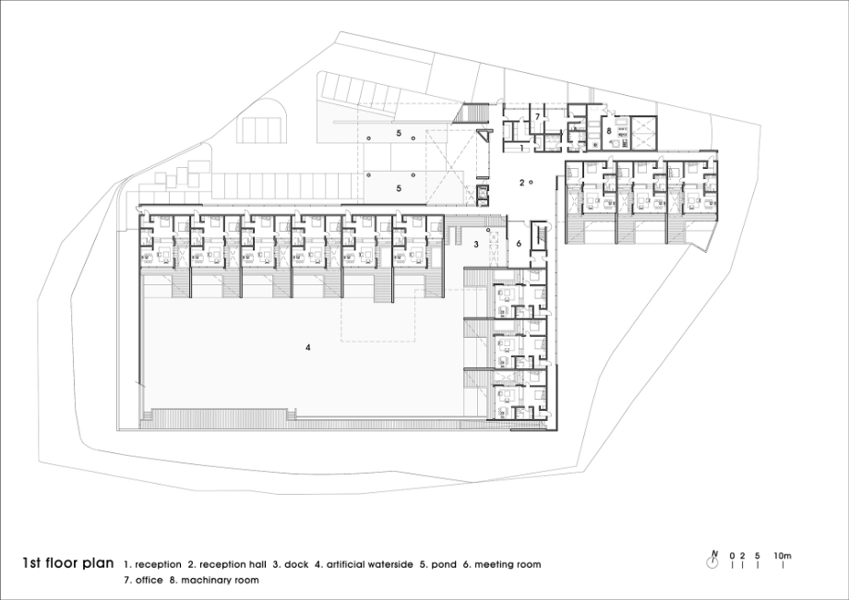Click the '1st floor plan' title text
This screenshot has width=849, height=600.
[x=68, y=563]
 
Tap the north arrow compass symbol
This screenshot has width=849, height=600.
[x=713, y=561]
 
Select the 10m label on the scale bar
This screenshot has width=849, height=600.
[x=783, y=556]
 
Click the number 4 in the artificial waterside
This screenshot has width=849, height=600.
[x=307, y=347]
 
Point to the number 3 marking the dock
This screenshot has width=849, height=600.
[x=476, y=245]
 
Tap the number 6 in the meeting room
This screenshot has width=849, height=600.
[x=519, y=244]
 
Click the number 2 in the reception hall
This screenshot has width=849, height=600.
[x=522, y=183]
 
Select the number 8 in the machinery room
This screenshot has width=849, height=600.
[x=608, y=130]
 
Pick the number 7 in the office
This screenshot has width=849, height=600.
[x=538, y=116]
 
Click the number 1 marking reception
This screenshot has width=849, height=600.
[x=521, y=148]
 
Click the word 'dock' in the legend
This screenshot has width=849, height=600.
[x=296, y=564]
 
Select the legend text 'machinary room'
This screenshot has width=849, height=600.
[x=220, y=581]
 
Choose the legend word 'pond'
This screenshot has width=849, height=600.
[x=444, y=565]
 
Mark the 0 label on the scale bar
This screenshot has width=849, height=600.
[x=732, y=556]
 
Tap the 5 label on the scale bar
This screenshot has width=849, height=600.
[x=758, y=556]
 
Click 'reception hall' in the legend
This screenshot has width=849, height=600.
[x=233, y=564]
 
